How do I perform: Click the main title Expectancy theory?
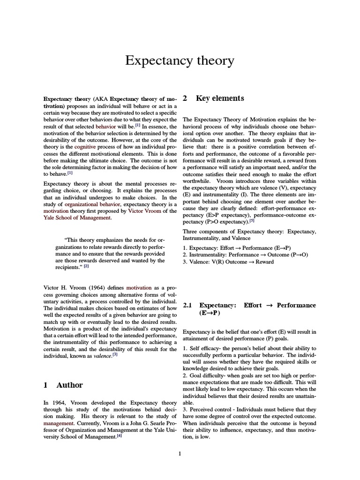tap(180, 60)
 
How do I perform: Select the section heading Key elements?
tap(220, 98)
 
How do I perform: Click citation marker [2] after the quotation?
tap(86, 266)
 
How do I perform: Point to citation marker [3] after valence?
tap(115, 355)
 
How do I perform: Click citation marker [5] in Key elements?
tap(252, 221)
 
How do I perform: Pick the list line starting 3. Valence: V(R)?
tap(228, 262)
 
